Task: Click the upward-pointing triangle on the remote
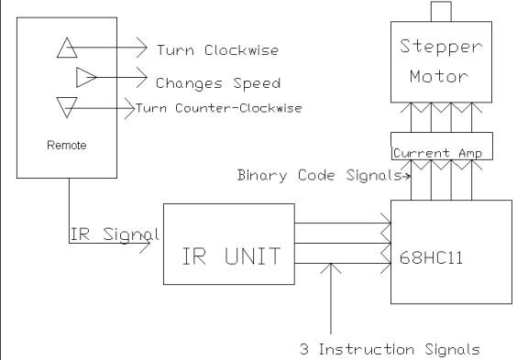(x=67, y=48)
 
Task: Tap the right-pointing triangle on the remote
(x=86, y=77)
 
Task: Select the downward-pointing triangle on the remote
(x=67, y=108)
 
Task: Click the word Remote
(x=67, y=146)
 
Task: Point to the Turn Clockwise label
(x=218, y=50)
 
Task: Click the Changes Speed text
(x=218, y=83)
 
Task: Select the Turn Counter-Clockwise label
(x=218, y=108)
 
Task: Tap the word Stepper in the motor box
(x=441, y=47)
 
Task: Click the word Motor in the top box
(x=439, y=76)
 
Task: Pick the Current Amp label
(x=438, y=153)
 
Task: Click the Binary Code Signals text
(x=319, y=175)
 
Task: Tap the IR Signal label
(x=115, y=235)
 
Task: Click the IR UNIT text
(x=231, y=256)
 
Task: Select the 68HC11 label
(x=431, y=258)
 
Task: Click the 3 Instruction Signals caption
(x=390, y=349)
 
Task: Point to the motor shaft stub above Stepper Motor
(x=441, y=11)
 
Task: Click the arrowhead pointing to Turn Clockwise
(x=142, y=48)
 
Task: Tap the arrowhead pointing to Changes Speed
(x=142, y=77)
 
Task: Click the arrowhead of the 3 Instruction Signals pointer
(x=331, y=268)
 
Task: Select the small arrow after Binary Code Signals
(x=406, y=175)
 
